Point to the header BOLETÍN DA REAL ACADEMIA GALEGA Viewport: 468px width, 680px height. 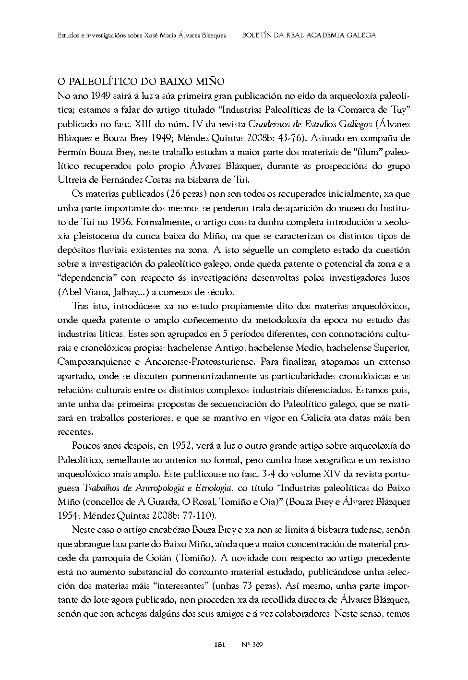[x=309, y=35]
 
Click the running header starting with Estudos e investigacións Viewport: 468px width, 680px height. [x=142, y=35]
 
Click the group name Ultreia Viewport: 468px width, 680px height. [x=71, y=180]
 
